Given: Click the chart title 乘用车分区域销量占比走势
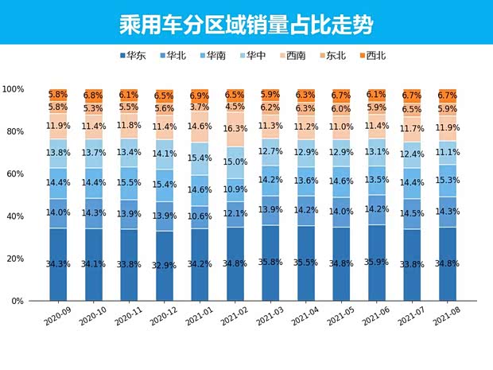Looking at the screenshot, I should [246, 21].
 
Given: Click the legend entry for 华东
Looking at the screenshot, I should [136, 56].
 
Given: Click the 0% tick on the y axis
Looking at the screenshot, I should [18, 302].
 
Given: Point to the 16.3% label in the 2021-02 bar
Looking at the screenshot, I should [235, 127].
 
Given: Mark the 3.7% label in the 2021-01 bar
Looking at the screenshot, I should [200, 107].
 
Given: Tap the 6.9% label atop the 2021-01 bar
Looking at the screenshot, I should [200, 95].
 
